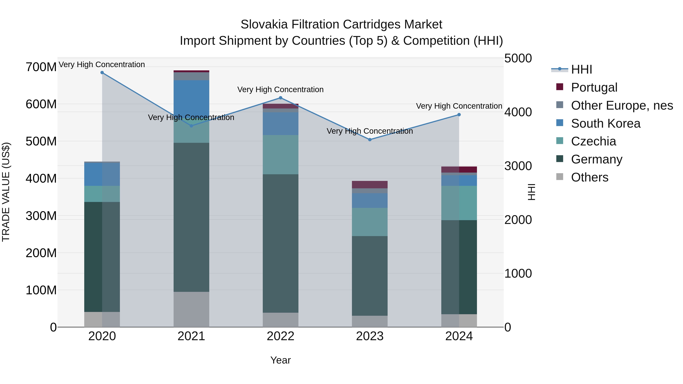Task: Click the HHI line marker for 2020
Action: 102,73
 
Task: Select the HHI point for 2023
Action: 370,140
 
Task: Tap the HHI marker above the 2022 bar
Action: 281,98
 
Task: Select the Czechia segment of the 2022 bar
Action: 281,155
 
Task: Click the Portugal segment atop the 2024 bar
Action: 459,170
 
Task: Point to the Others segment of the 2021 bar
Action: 191,309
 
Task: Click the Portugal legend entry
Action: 594,87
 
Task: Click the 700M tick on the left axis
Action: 41,67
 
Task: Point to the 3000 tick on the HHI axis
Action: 518,166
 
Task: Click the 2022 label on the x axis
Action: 281,336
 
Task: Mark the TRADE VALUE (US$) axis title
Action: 6,192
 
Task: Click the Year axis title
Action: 281,360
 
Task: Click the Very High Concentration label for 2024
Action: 459,106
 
